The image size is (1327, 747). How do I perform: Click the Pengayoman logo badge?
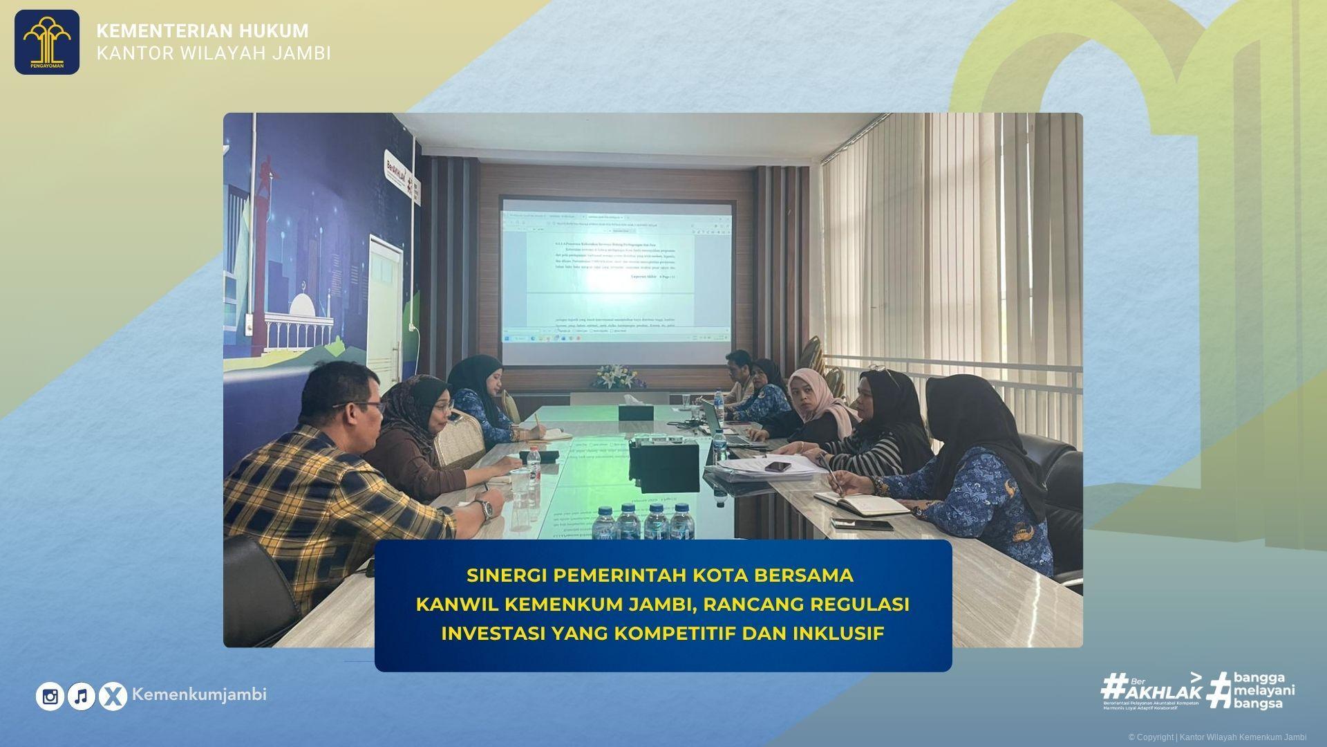(x=47, y=41)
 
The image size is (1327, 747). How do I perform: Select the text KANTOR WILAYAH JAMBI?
(x=214, y=53)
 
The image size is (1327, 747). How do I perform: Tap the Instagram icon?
(x=50, y=697)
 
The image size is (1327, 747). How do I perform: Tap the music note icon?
(x=82, y=697)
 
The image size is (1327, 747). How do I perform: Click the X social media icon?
(x=113, y=697)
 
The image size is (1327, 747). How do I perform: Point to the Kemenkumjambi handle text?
(x=199, y=694)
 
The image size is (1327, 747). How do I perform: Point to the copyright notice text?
(x=1217, y=737)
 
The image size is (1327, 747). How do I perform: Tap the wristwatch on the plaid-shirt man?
(x=487, y=509)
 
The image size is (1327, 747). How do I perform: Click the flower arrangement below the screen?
(x=613, y=376)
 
